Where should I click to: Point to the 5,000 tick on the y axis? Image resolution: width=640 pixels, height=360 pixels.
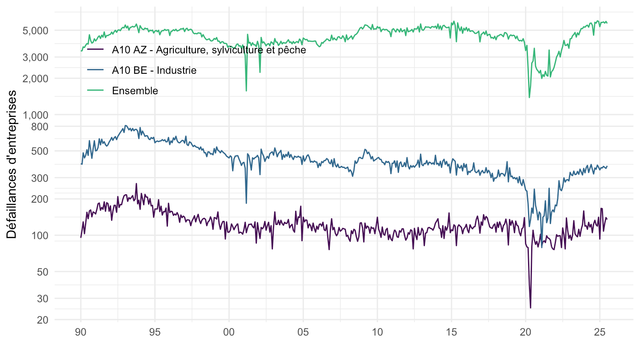point(38,30)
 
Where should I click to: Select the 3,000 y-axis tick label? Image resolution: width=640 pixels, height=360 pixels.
point(38,57)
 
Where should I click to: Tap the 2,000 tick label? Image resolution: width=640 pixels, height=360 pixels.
point(38,78)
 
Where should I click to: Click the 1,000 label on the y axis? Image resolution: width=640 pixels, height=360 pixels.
point(38,115)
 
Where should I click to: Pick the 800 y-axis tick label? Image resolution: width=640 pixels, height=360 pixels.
point(41,126)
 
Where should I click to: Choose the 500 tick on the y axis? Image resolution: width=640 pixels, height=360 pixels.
point(41,151)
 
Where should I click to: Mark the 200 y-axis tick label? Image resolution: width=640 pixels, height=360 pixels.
point(41,199)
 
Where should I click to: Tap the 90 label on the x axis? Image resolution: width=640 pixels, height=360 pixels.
point(81,332)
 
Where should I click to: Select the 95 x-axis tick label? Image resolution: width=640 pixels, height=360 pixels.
point(155,332)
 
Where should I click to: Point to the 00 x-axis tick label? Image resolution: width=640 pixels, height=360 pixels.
point(229,332)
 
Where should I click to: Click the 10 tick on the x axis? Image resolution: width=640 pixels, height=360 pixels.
point(377,332)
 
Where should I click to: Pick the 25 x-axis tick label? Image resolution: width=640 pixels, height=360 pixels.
point(600,332)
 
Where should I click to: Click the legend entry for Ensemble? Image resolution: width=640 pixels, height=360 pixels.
point(135,91)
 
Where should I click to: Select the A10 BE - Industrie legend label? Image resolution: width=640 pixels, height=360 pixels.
point(154,70)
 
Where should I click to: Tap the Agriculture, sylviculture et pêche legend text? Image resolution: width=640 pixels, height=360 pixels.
point(209,50)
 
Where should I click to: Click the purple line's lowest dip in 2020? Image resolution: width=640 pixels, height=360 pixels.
point(530,308)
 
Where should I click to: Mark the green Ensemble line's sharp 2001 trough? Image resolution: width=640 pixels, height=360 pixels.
point(246,91)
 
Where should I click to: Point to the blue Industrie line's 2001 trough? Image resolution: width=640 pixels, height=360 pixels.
point(246,203)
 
